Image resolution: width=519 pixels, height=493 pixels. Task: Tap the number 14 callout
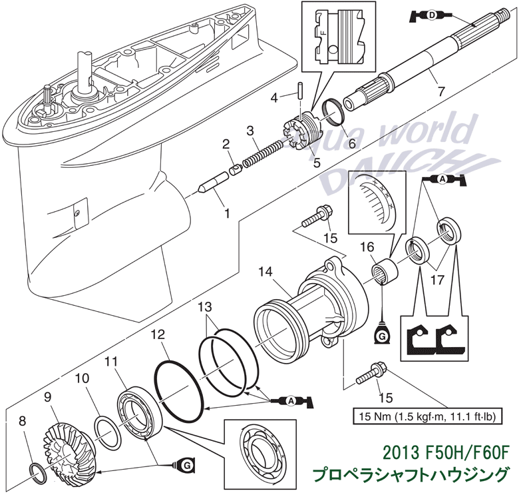tap(266, 272)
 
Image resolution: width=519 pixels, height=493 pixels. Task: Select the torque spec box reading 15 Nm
tap(426, 417)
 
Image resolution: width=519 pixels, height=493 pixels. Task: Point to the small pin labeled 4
tap(303, 89)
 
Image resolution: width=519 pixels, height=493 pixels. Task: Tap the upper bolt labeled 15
tap(316, 217)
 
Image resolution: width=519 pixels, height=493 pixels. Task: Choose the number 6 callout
tap(352, 142)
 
